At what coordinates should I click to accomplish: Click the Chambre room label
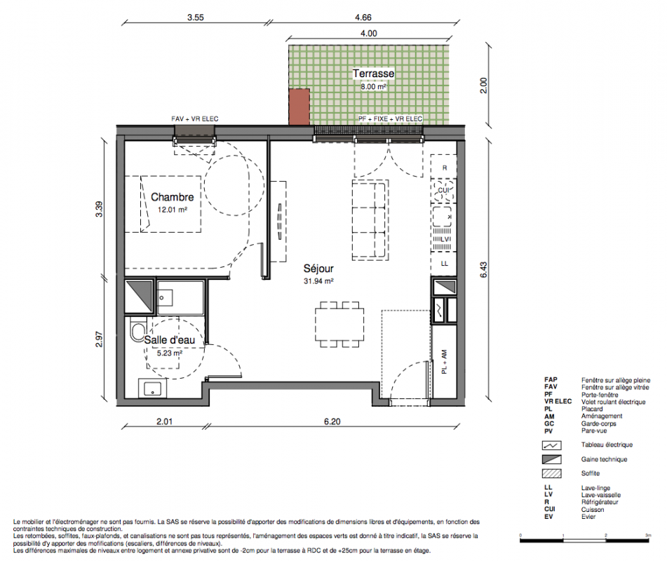pyautogui.click(x=173, y=197)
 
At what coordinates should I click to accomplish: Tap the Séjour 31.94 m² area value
pyautogui.click(x=318, y=281)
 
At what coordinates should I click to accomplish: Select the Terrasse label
pyautogui.click(x=374, y=73)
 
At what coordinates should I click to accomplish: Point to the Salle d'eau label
pyautogui.click(x=169, y=340)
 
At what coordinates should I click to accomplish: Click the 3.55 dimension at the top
pyautogui.click(x=195, y=18)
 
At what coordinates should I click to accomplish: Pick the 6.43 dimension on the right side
pyautogui.click(x=484, y=270)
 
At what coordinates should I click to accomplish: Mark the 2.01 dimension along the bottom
pyautogui.click(x=164, y=421)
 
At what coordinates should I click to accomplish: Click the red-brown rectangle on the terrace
pyautogui.click(x=299, y=107)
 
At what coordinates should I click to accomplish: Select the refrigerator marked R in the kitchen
pyautogui.click(x=444, y=167)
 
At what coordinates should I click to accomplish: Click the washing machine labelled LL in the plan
pyautogui.click(x=444, y=264)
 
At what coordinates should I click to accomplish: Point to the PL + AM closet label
pyautogui.click(x=444, y=362)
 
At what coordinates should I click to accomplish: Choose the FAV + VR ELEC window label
pyautogui.click(x=195, y=119)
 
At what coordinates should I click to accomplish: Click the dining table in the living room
pyautogui.click(x=339, y=325)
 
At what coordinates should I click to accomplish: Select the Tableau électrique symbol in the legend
pyautogui.click(x=551, y=445)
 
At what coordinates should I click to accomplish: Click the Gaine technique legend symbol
pyautogui.click(x=551, y=459)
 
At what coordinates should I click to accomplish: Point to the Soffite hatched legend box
pyautogui.click(x=551, y=473)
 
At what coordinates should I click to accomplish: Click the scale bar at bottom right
pyautogui.click(x=585, y=541)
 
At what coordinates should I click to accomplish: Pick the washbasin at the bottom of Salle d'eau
pyautogui.click(x=152, y=388)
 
